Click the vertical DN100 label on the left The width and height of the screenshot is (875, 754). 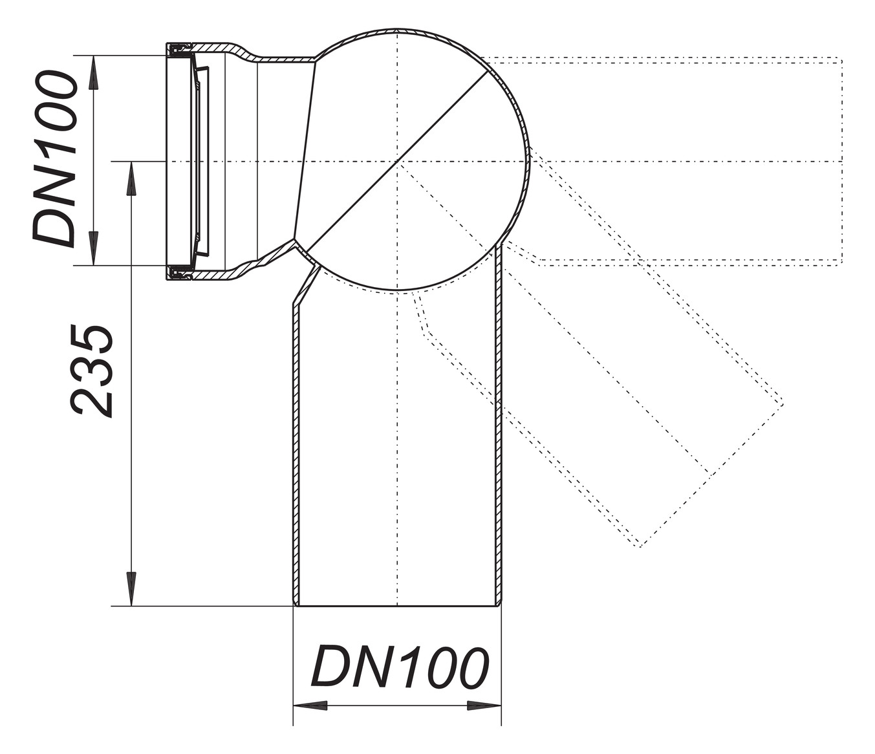pos(56,160)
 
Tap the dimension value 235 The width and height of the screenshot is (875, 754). pos(92,371)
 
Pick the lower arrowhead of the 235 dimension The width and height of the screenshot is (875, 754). pos(131,588)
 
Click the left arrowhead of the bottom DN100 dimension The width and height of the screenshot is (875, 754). pos(310,706)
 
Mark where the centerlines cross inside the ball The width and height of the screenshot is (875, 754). pos(398,161)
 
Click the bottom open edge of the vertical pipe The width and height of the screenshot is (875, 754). pos(398,606)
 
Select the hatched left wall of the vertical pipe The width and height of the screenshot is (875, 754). pos(296,453)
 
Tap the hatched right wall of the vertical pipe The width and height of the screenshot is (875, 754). pos(499,453)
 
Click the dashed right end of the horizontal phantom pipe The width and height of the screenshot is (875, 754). pos(841,162)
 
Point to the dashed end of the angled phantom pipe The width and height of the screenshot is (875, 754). pos(711,475)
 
